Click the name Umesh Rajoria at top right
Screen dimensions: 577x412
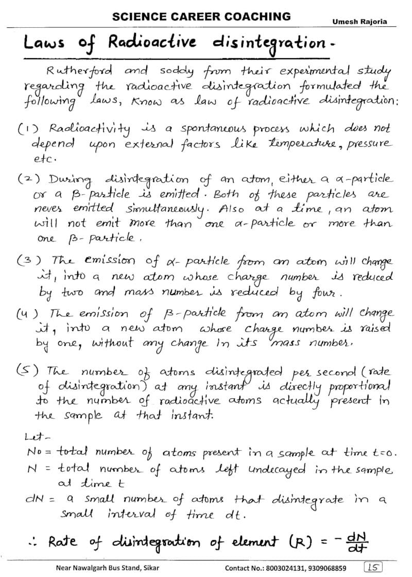[x=359, y=22]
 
